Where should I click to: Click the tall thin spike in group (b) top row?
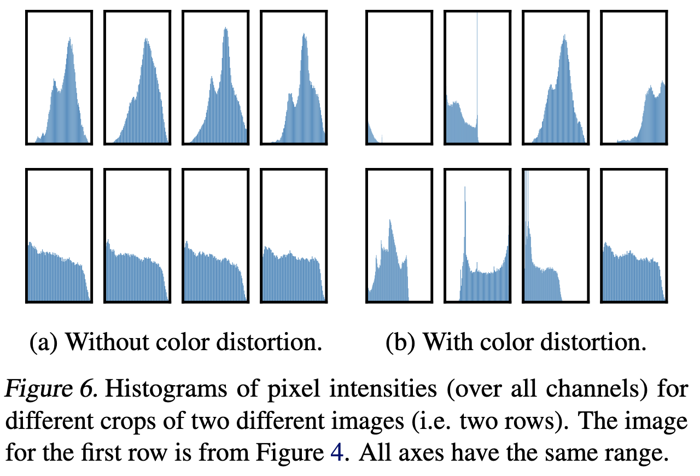click(477, 77)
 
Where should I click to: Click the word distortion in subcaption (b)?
click(593, 343)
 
